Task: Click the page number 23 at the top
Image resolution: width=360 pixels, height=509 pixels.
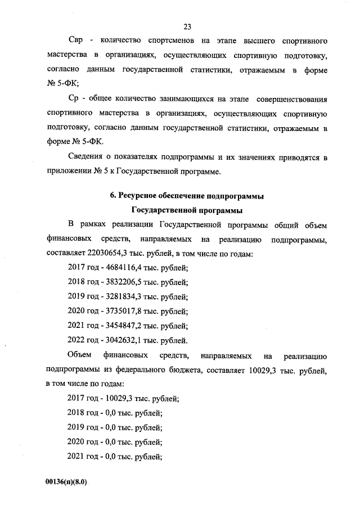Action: pyautogui.click(x=187, y=26)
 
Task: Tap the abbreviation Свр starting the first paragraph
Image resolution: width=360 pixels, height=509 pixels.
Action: pyautogui.click(x=77, y=42)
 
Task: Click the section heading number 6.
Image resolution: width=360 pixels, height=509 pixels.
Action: pyautogui.click(x=112, y=196)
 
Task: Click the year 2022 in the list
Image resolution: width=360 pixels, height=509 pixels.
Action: pyautogui.click(x=76, y=341)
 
